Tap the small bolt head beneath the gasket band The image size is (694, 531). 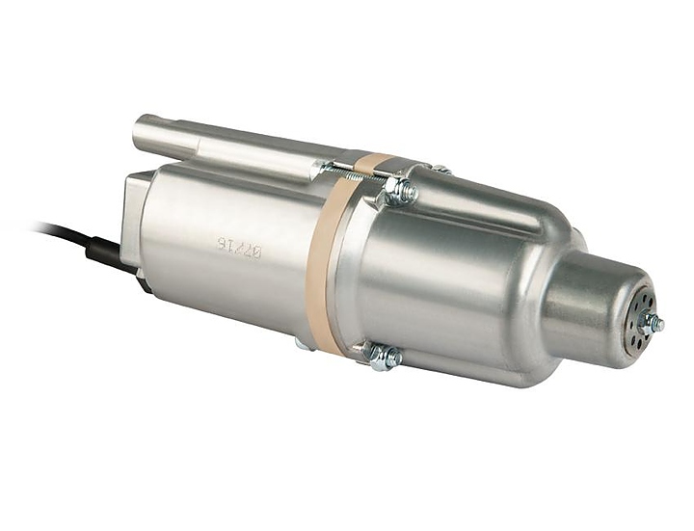[303, 343]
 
